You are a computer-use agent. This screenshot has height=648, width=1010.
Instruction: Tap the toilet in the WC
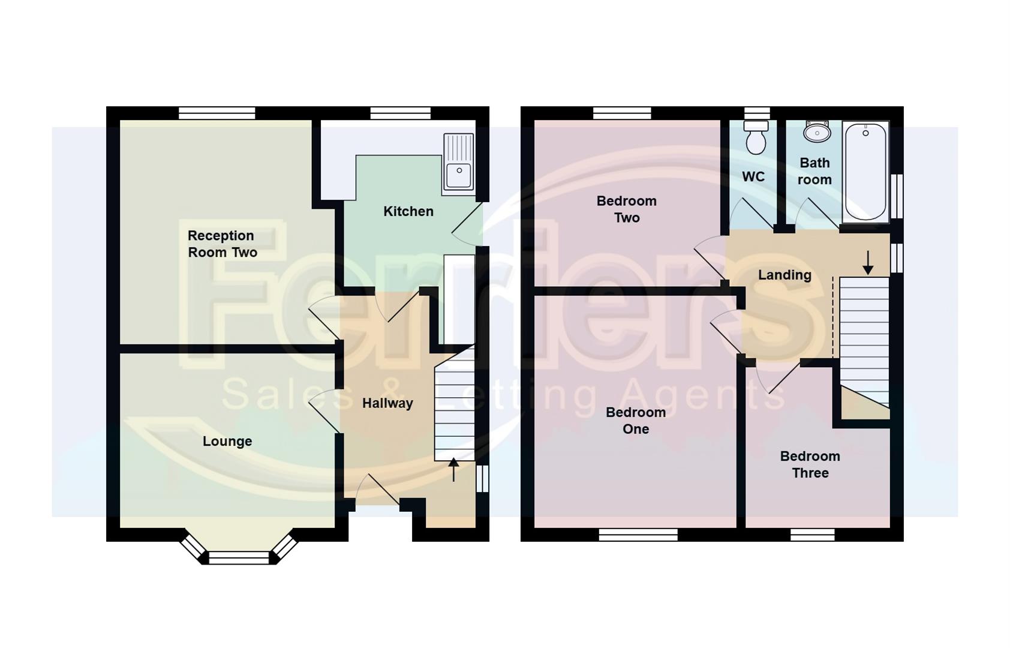click(756, 138)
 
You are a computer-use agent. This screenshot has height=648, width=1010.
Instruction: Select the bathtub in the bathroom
click(865, 172)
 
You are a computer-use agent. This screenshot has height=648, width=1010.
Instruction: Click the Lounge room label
click(227, 442)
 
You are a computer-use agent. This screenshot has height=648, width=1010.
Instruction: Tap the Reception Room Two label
click(222, 244)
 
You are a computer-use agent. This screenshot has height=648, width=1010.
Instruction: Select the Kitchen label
click(408, 211)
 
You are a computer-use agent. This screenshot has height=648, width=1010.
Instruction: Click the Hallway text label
click(387, 403)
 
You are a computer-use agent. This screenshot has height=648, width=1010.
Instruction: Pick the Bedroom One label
click(636, 421)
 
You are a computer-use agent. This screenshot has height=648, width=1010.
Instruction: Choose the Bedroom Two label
click(626, 209)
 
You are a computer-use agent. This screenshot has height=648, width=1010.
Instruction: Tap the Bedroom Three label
click(810, 464)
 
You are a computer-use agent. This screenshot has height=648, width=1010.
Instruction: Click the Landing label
click(784, 275)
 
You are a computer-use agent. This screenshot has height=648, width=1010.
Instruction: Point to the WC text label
click(753, 176)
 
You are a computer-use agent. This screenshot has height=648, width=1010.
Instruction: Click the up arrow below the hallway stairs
click(453, 469)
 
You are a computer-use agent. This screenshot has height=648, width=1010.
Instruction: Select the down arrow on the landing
click(867, 263)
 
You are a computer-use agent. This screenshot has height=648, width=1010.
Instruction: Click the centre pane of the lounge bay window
click(239, 558)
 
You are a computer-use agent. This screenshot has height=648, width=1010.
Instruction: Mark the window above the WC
click(757, 113)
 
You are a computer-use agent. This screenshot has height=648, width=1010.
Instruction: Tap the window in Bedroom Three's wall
click(812, 535)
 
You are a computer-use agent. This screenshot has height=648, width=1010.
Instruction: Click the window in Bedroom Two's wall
click(622, 113)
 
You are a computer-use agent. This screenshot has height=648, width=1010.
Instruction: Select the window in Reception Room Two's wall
click(217, 113)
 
